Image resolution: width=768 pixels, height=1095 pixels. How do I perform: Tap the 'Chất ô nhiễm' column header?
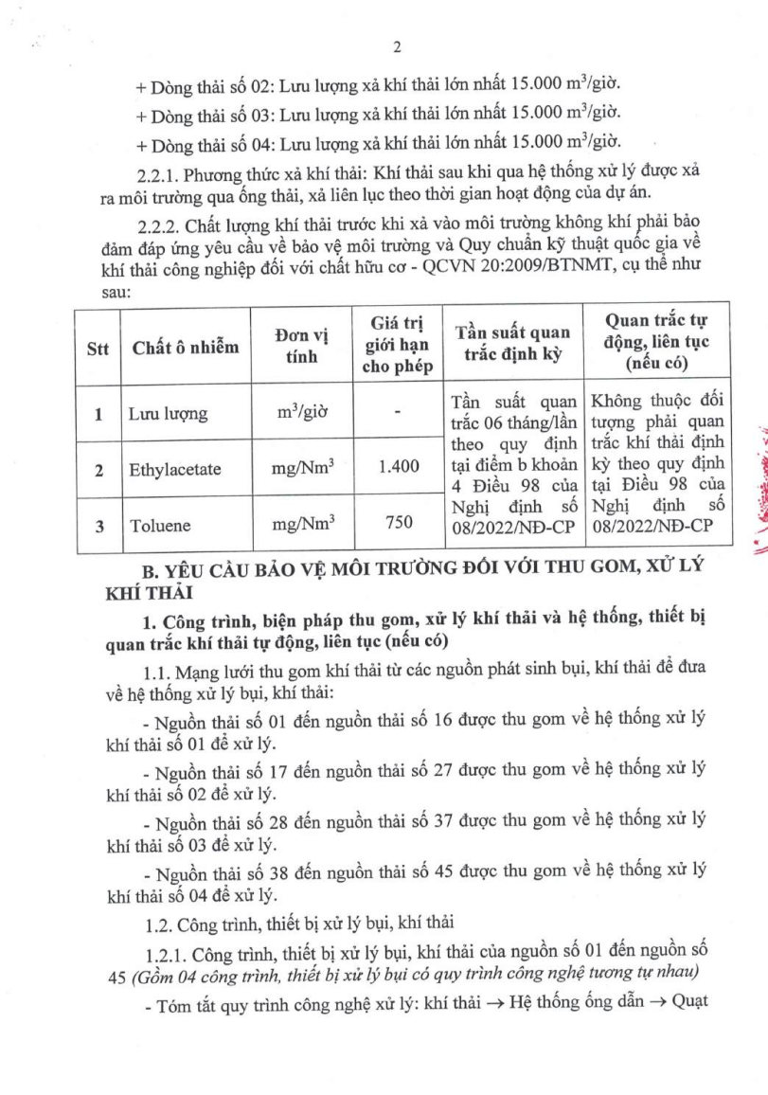pyautogui.click(x=186, y=347)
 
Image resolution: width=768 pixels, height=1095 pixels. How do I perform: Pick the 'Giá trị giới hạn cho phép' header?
pyautogui.click(x=398, y=346)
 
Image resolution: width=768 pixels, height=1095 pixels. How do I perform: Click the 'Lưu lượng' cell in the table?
pyautogui.click(x=168, y=414)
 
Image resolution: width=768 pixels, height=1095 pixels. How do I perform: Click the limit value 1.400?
pyautogui.click(x=398, y=469)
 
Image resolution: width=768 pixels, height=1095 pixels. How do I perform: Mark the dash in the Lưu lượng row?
pyautogui.click(x=398, y=414)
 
